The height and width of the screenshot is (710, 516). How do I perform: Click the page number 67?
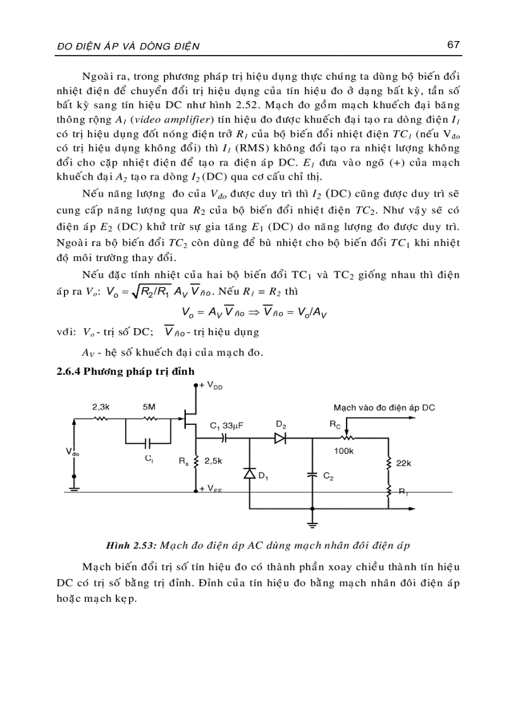point(452,45)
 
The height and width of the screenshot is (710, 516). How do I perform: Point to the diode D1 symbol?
point(249,474)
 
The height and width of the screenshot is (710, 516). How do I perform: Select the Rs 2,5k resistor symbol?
point(196,462)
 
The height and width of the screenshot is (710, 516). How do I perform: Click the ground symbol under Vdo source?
point(75,486)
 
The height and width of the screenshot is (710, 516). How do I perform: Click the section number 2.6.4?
point(70,372)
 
